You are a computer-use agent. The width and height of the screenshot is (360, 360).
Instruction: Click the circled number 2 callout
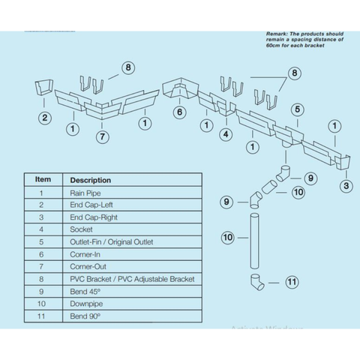(x=45, y=118)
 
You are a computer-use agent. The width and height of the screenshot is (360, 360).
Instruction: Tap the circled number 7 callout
(x=103, y=136)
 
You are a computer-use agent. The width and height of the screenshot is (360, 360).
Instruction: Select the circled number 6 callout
(x=180, y=112)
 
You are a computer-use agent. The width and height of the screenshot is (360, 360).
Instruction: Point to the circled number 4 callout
(x=226, y=134)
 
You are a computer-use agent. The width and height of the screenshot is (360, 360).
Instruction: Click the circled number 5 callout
(x=297, y=109)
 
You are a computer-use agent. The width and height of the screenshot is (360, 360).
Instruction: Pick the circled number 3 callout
(x=346, y=186)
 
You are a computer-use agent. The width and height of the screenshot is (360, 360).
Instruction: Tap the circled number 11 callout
(x=292, y=282)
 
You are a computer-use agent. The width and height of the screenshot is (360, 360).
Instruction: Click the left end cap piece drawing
(x=43, y=87)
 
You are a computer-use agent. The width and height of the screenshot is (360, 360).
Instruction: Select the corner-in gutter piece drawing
(x=180, y=88)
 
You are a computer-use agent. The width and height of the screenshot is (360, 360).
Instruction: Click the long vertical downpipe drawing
(x=254, y=241)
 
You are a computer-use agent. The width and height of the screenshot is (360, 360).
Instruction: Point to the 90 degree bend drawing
(x=257, y=282)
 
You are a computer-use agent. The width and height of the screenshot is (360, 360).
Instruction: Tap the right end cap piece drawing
(x=343, y=163)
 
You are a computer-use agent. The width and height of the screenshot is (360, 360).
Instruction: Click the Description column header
(x=91, y=180)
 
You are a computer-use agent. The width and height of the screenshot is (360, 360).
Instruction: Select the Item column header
(x=43, y=179)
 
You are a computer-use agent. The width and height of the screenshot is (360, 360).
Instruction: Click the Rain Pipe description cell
(x=85, y=193)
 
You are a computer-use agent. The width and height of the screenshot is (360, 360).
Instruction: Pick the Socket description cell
(x=81, y=229)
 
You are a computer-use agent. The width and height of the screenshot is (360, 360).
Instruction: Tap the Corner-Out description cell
(x=88, y=267)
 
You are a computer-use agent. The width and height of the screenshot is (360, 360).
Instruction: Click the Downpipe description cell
(x=86, y=304)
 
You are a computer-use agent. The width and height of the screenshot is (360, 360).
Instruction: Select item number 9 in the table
(x=41, y=292)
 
